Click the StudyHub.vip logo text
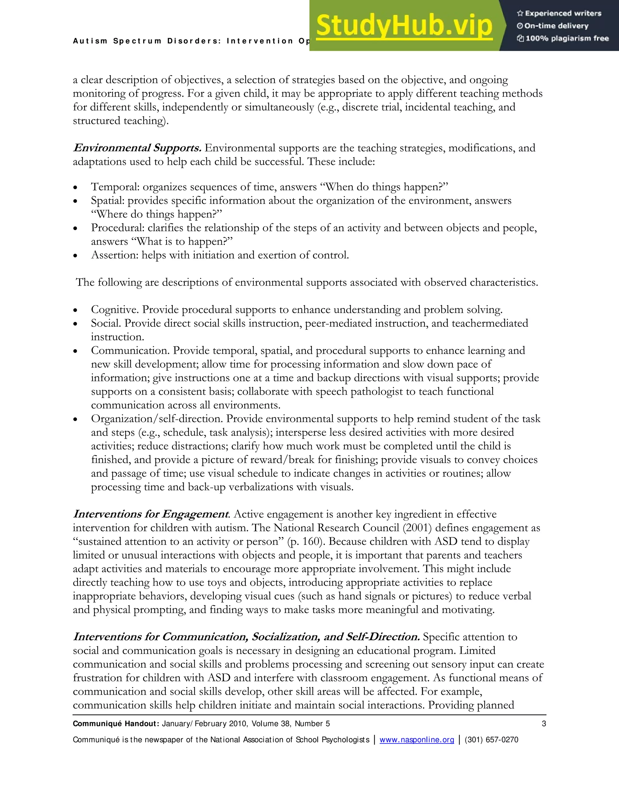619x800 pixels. pos(404,26)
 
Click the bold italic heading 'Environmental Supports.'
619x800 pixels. pos(137,148)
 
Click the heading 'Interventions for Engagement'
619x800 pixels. pos(151,514)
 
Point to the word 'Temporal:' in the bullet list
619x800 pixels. pos(115,187)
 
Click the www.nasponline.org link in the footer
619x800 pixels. pos(416,740)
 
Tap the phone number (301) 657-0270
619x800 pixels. pos(491,740)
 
